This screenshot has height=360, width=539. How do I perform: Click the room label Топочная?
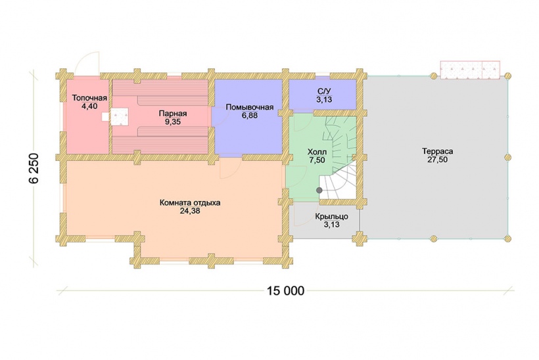pos(89,99)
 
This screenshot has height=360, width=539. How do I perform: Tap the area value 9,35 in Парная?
pos(173,122)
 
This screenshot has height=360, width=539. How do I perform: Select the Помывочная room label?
pos(250,107)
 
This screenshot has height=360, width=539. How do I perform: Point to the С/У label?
pos(324,91)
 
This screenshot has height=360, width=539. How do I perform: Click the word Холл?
pos(317,152)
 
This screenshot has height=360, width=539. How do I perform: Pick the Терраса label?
pos(438,151)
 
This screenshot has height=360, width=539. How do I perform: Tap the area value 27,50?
pos(438,160)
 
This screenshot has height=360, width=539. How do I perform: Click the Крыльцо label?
pos(332,216)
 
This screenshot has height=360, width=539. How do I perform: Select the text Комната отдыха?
pos(190,203)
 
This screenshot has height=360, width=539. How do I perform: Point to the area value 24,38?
pos(190,211)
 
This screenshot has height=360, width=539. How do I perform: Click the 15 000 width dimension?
pos(286,291)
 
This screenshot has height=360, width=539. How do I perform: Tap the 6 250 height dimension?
pos(35,168)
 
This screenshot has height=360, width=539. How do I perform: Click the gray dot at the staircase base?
pos(319,190)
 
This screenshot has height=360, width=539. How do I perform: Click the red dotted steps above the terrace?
pos(470,70)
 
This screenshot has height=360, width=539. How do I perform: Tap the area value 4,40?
pos(89,106)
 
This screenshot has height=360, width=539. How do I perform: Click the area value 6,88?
pos(250,116)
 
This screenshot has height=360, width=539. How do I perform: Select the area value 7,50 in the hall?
pos(317,160)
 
